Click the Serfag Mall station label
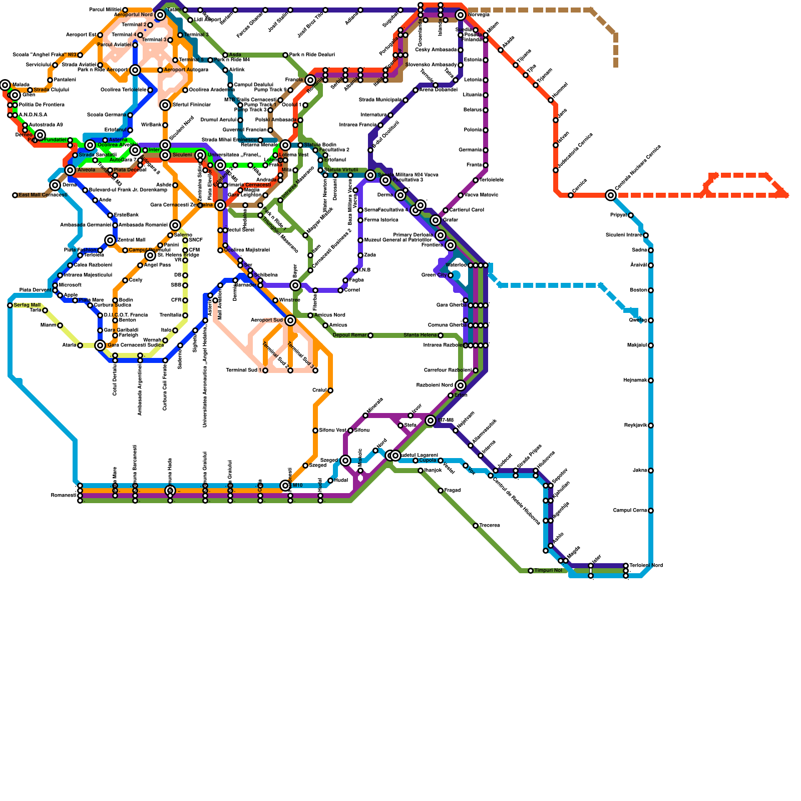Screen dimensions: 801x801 [x=27, y=305]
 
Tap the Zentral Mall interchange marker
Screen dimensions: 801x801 [x=110, y=240]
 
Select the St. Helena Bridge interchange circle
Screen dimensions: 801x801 [x=150, y=255]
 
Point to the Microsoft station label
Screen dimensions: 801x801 [x=70, y=285]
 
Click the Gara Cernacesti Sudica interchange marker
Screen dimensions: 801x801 [x=100, y=345]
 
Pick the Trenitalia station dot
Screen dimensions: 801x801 [x=185, y=315]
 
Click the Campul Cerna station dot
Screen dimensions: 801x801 [x=651, y=511]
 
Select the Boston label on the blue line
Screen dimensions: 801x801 [x=638, y=290]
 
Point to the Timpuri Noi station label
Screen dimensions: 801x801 [x=548, y=570]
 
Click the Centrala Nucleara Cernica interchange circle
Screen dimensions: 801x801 [x=611, y=195]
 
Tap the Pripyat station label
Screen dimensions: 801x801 [x=619, y=215]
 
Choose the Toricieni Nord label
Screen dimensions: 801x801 [x=646, y=565]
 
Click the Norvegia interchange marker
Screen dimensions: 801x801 [x=461, y=15]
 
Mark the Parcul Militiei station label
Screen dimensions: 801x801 [x=105, y=10]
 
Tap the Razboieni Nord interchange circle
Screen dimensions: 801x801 [x=461, y=385]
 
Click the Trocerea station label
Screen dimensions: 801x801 [x=490, y=526]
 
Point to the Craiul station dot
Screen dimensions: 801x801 [x=330, y=390]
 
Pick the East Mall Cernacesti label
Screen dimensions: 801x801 [x=43, y=195]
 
